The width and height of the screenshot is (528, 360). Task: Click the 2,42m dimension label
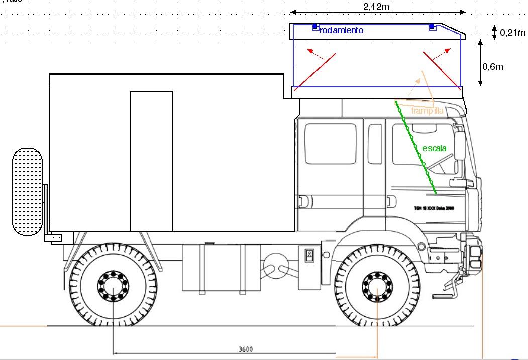click(x=377, y=6)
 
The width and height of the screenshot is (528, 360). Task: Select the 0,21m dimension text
click(x=512, y=33)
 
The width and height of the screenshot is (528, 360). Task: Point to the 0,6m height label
click(x=492, y=66)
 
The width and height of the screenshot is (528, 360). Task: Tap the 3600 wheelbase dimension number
click(x=245, y=349)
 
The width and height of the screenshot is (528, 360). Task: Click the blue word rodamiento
click(x=341, y=30)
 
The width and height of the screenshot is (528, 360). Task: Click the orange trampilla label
click(x=428, y=111)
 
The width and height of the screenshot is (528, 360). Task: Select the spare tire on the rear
click(x=27, y=191)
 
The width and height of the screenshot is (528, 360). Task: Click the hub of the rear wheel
click(x=113, y=285)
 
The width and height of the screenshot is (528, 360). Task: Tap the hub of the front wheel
click(x=377, y=285)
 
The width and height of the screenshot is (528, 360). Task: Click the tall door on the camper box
click(x=152, y=161)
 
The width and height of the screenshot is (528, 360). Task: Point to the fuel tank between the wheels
click(x=221, y=269)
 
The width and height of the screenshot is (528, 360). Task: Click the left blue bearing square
click(x=315, y=26)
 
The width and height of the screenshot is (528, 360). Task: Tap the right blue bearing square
click(x=432, y=26)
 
